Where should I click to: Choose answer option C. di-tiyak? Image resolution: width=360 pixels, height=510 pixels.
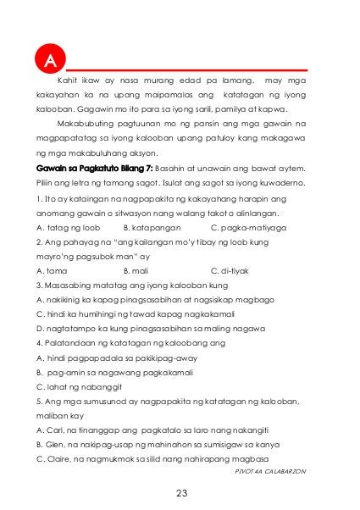pyautogui.click(x=228, y=270)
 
